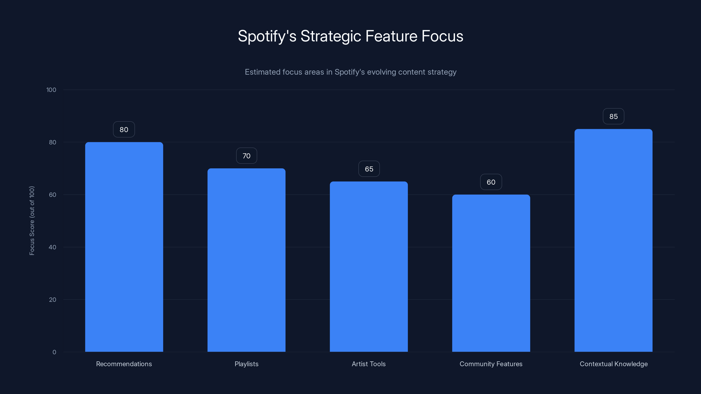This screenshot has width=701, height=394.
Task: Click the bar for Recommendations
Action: point(124,247)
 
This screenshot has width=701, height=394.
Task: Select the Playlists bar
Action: point(246,260)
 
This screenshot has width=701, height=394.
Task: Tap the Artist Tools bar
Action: point(369,266)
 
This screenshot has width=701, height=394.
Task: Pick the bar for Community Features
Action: point(491,273)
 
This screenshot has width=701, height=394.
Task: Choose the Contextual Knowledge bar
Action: point(613,240)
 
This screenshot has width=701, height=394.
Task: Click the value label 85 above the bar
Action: point(613,116)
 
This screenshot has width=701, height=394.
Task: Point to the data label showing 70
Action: point(246,156)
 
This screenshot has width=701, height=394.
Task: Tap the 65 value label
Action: point(369,169)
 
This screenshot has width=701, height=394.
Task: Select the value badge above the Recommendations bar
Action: point(124,129)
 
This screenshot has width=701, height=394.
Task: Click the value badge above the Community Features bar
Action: point(491,182)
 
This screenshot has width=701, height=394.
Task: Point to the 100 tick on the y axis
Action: point(51,90)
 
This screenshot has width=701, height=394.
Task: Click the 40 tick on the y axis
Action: point(52,247)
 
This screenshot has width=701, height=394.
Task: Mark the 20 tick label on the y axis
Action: point(52,300)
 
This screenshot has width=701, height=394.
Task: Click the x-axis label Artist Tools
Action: point(368,364)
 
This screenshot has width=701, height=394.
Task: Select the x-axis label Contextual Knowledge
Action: point(613,364)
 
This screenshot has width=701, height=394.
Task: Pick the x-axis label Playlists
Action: point(246,364)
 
